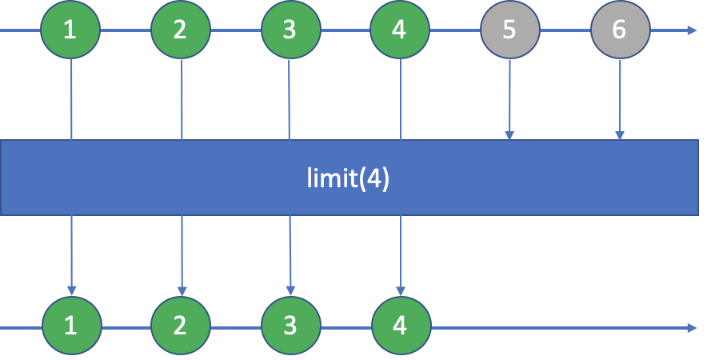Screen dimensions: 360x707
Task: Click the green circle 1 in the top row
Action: [71, 30]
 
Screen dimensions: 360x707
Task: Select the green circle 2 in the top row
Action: [181, 30]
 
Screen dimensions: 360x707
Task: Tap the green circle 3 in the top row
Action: [290, 30]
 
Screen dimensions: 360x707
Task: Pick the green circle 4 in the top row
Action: [400, 30]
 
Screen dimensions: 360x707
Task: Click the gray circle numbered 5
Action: [509, 30]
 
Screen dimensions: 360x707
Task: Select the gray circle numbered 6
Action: [620, 30]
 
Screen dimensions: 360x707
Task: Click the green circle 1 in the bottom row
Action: [72, 326]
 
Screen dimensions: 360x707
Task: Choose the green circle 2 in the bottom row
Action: [182, 326]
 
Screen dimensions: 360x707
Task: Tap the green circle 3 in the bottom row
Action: [291, 326]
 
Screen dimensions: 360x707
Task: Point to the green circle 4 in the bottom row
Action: [401, 326]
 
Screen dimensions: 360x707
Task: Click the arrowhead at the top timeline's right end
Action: [692, 30]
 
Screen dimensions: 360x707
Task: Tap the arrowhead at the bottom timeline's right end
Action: [692, 327]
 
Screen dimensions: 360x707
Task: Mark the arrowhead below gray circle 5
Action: [509, 134]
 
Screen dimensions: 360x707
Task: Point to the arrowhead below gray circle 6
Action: [620, 134]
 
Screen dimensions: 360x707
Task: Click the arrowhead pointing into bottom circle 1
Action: [72, 290]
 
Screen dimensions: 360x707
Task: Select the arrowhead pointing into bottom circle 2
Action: [182, 290]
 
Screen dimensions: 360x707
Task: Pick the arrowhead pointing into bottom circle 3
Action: [291, 290]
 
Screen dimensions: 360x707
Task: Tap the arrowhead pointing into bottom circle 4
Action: [401, 290]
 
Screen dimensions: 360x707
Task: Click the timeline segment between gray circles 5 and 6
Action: [565, 30]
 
